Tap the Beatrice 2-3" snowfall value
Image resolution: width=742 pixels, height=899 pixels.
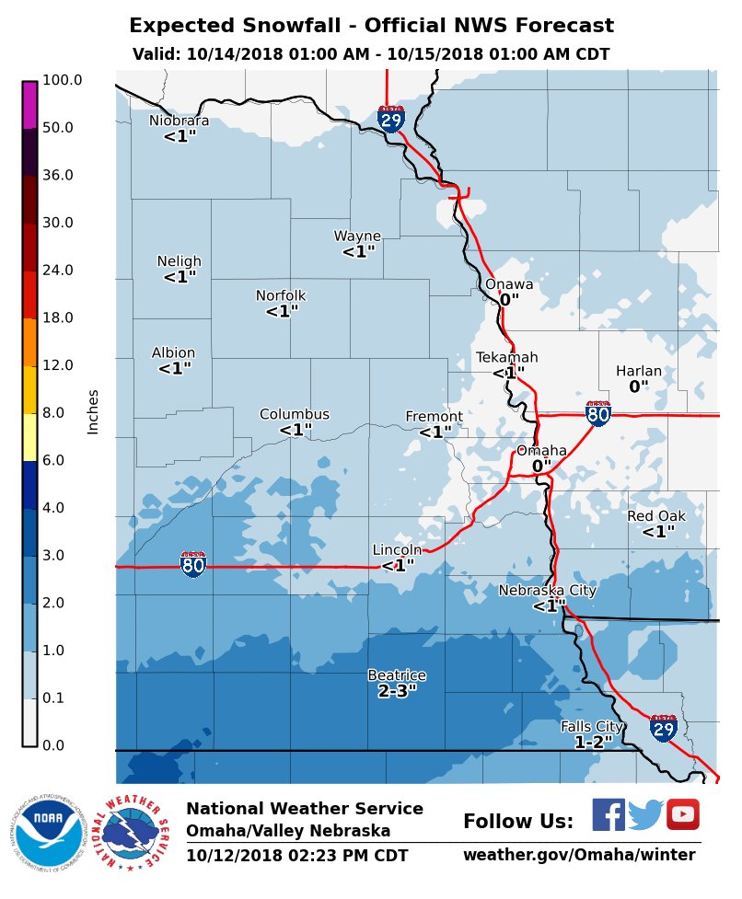coord(397,691)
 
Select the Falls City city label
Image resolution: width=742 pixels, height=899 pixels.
coord(593,727)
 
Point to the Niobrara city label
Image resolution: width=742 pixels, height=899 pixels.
coord(180,121)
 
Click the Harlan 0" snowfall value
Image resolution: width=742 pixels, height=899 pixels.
coord(639,387)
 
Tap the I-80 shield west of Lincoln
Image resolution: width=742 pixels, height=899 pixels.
coord(193,563)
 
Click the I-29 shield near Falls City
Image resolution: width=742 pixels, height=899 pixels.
coord(664,728)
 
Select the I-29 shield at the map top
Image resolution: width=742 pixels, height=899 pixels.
coord(391,118)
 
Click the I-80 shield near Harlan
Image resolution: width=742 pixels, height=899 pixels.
coord(598,414)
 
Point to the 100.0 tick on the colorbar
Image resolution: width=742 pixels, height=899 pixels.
coord(62,80)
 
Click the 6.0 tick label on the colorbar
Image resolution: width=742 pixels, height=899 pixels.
coord(53,460)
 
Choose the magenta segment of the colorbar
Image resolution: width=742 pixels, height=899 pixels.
coord(29,105)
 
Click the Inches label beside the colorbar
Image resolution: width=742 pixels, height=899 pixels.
coord(93,411)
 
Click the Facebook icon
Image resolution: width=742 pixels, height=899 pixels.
coord(608,814)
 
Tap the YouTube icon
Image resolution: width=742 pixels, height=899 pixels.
coord(683,814)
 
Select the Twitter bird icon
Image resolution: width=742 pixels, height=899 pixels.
coord(645,815)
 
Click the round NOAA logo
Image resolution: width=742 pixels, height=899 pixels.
coord(42,832)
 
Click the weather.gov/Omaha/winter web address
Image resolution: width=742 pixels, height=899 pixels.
coord(579,856)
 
